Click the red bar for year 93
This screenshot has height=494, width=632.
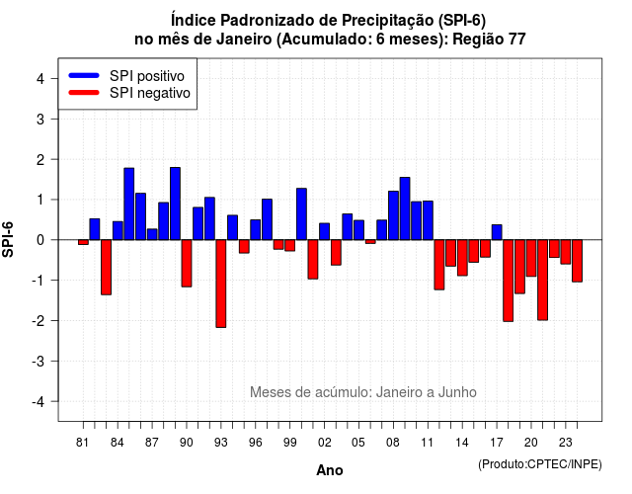221,284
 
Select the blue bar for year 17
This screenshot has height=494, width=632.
497,232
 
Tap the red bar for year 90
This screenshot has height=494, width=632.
187,264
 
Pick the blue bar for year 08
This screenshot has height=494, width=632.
393,215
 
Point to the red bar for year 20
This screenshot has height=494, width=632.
531,258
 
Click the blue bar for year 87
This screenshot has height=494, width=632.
152,234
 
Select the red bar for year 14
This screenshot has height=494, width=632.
462,258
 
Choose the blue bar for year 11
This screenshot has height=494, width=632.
428,220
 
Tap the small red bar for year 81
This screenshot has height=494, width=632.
83,242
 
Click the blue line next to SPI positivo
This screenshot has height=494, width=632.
84,75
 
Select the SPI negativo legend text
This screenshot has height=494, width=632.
150,93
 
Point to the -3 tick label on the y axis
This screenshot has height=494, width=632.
39,362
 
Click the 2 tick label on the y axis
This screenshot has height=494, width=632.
40,160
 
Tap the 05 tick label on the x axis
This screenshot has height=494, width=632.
358,443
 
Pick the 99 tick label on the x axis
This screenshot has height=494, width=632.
289,443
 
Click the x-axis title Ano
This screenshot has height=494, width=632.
330,470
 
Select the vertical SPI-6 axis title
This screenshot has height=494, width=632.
8,239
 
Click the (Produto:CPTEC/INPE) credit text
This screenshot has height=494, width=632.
540,464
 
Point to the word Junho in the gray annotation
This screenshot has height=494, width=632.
457,392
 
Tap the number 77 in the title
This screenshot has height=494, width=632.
516,40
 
